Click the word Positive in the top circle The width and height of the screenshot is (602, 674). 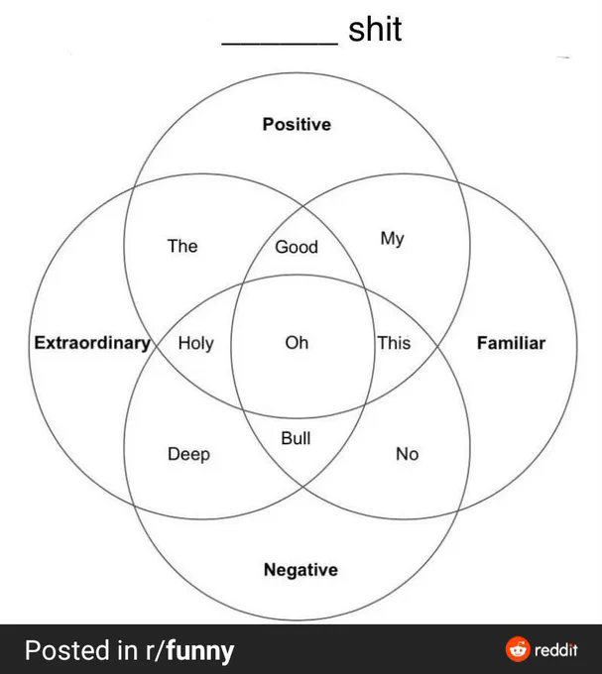tap(297, 124)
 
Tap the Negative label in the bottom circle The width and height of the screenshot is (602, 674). tap(301, 570)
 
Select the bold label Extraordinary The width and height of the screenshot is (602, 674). tap(92, 343)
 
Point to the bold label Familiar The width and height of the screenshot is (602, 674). tap(512, 343)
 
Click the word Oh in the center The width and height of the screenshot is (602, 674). tap(297, 343)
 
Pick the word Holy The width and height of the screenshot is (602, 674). tap(195, 344)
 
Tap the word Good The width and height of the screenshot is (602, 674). tap(297, 247)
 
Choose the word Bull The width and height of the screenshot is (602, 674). tap(296, 438)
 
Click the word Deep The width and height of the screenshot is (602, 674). tap(188, 454)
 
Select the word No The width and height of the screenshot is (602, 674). tap(408, 454)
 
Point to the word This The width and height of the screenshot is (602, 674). tap(394, 343)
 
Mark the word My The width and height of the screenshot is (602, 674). tap(392, 239)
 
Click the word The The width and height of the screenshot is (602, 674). tap(182, 246)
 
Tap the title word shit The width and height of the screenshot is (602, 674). tap(375, 29)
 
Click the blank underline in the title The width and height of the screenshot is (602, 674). tap(280, 43)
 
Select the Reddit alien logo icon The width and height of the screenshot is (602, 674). tap(518, 649)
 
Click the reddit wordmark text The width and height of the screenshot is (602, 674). tap(556, 649)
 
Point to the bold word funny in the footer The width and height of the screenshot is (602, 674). tap(200, 651)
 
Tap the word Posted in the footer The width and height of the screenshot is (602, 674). tap(67, 650)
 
